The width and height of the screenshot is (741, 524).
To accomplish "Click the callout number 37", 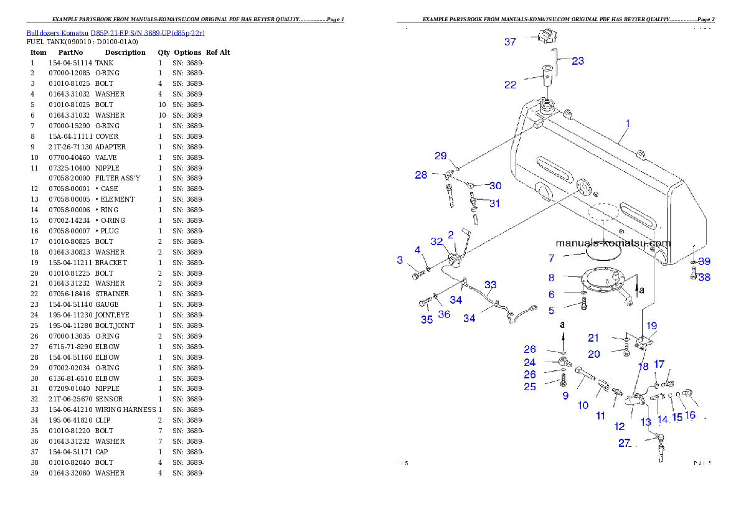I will point(510,42).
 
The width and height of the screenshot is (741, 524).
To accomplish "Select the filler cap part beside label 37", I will point(547,37).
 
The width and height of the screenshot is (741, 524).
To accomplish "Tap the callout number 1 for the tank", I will point(628,123).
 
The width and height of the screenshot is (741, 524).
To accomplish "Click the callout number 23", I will point(578,61).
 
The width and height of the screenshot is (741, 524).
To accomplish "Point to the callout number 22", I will point(510,85).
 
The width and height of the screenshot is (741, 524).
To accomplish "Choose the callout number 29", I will point(441,156).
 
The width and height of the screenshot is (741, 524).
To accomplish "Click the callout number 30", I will point(495,185).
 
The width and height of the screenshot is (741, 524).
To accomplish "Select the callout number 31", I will point(494,204).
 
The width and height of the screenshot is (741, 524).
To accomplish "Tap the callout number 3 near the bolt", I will point(400,260).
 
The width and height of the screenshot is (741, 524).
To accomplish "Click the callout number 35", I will point(427,320).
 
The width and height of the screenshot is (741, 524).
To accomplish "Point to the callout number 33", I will point(491,285).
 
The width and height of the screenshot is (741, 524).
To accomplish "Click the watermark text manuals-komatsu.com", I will point(613,243).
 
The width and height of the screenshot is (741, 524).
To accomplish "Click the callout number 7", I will point(552,258).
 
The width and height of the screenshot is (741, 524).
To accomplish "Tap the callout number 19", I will point(651,325).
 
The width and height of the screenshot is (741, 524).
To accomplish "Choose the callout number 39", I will point(704,261).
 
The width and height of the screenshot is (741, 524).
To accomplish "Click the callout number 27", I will point(625,443).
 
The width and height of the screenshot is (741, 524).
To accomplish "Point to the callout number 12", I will point(620,426).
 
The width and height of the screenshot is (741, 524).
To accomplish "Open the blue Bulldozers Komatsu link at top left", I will point(115,32).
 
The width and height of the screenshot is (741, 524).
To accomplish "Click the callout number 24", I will point(530,362).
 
